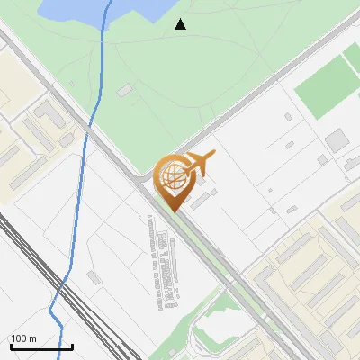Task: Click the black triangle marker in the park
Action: (181, 24)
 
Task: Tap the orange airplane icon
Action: (199, 163)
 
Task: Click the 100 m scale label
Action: (23, 338)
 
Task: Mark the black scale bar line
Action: (41, 346)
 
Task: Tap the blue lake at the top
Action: (99, 9)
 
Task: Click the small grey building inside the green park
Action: (124, 89)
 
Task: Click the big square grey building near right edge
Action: (337, 140)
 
